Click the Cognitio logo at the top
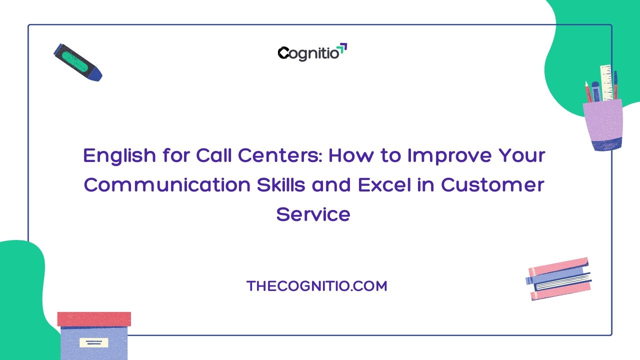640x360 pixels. click(x=312, y=52)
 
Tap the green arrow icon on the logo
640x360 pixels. click(x=342, y=47)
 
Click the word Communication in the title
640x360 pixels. click(x=167, y=185)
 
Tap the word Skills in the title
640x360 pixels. click(x=281, y=185)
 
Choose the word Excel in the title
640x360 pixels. click(x=384, y=185)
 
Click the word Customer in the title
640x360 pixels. click(x=492, y=185)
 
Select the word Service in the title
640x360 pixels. click(x=313, y=214)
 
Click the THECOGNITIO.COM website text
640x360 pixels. click(x=316, y=286)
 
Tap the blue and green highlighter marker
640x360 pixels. click(x=77, y=62)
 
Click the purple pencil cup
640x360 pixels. click(x=603, y=125)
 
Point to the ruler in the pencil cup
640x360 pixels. click(x=606, y=82)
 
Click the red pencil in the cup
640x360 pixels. click(x=588, y=91)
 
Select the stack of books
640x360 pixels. click(x=558, y=278)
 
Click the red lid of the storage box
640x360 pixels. click(x=94, y=319)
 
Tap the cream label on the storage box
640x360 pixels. click(x=93, y=342)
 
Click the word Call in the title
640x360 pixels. click(x=213, y=155)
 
